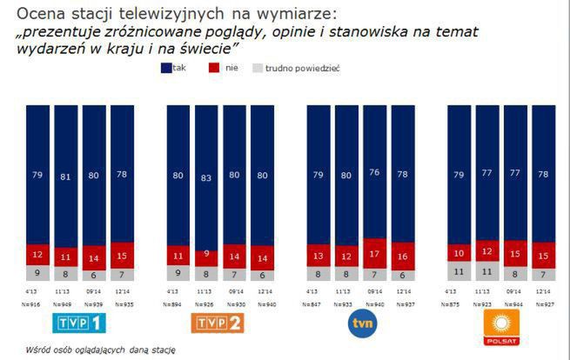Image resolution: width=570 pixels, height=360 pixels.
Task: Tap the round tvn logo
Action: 362,323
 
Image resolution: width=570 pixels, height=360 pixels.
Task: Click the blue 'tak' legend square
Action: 166,67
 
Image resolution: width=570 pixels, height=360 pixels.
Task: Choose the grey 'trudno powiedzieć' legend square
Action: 256,67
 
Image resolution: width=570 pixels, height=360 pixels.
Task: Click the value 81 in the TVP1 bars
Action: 67,177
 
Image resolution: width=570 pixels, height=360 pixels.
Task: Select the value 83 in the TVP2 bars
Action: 206,177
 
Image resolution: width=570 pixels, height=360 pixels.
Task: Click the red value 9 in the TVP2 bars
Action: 206,255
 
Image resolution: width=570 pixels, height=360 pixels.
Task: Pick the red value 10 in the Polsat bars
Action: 459,254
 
